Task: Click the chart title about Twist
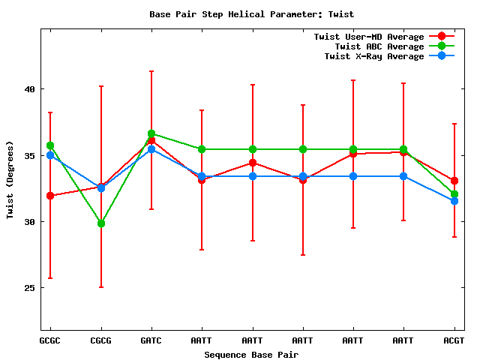pos(251,14)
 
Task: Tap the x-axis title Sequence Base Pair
pos(251,354)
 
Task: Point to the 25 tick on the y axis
pos(29,289)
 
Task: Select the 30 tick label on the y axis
pos(29,222)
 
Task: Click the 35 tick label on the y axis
pos(29,155)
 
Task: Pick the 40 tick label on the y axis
pos(29,89)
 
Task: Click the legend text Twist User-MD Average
pos(369,37)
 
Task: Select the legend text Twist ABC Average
pos(379,46)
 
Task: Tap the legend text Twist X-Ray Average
pos(374,56)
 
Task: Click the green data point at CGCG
pos(101,223)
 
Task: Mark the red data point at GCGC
pos(50,196)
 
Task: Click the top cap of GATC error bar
pos(151,71)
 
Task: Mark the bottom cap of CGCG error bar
pos(101,287)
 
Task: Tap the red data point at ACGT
pos(454,181)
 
